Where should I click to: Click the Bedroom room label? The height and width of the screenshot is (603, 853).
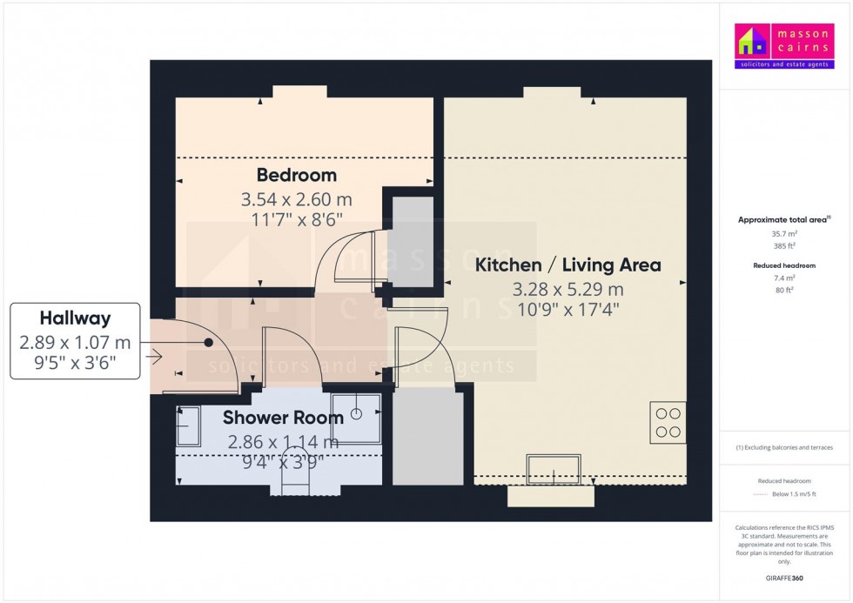click(296, 176)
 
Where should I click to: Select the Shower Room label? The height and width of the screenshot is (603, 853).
click(283, 418)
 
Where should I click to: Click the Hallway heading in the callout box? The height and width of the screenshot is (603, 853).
click(75, 318)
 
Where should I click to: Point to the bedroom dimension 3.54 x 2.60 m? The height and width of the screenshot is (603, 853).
click(296, 199)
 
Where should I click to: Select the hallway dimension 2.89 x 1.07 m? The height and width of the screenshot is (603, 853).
click(75, 343)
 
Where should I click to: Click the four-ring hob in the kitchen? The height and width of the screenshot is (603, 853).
click(668, 422)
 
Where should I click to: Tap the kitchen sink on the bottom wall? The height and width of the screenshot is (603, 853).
click(554, 470)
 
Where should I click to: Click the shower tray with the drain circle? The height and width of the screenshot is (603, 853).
click(356, 412)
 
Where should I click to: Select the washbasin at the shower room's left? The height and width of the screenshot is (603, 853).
click(187, 425)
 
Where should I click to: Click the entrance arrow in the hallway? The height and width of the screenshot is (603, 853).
click(156, 355)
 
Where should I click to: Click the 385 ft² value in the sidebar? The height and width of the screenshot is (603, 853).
click(784, 246)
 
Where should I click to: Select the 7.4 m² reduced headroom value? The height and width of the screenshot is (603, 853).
click(784, 278)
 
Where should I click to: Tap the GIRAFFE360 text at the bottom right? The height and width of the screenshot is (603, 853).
click(784, 577)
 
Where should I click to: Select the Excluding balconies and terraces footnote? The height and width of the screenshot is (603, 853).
click(784, 447)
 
